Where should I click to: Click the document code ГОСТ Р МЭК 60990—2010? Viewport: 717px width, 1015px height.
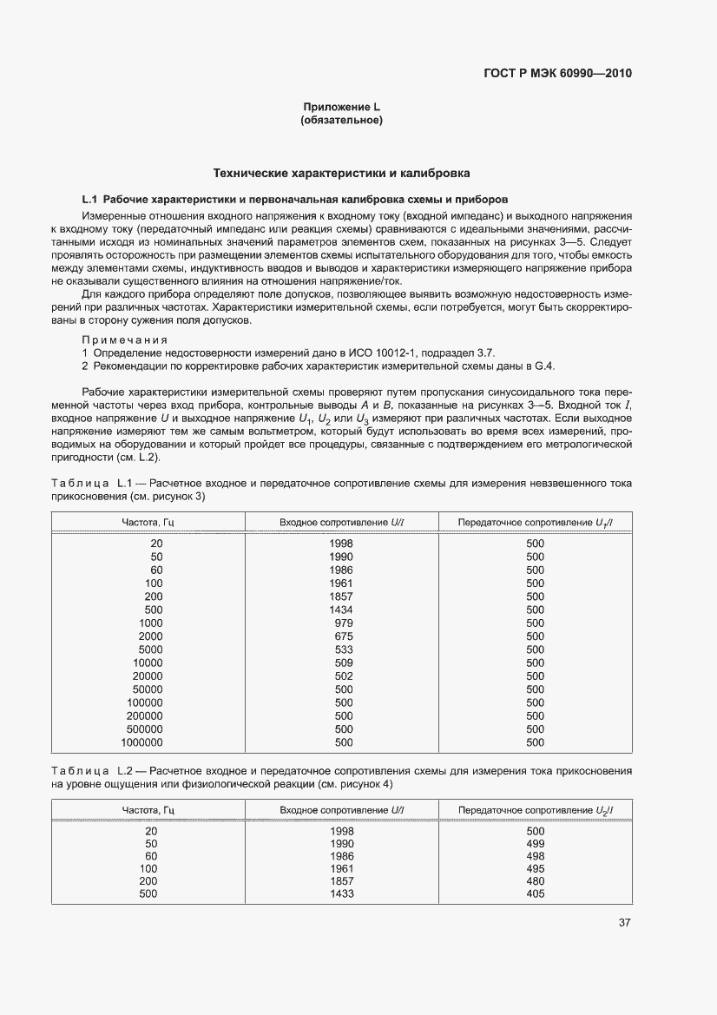coord(557,73)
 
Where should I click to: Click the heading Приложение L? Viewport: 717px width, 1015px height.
coord(341,107)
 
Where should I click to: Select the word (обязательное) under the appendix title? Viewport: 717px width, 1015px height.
coord(341,121)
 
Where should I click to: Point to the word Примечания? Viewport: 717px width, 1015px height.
coord(124,339)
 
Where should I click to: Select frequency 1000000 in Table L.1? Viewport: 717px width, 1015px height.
coord(142,742)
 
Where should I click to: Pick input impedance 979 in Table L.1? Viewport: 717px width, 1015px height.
coord(344,623)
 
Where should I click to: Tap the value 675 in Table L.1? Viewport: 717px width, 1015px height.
coord(344,636)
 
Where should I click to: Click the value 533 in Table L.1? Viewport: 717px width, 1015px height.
coord(344,649)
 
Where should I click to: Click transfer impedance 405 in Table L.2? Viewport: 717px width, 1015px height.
coord(535,894)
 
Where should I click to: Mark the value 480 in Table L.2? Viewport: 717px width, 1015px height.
coord(535,881)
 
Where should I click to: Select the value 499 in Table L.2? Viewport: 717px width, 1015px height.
coord(535,843)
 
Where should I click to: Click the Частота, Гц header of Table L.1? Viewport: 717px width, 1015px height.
coord(148,521)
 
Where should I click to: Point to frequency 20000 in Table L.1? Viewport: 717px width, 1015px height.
coord(148,676)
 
